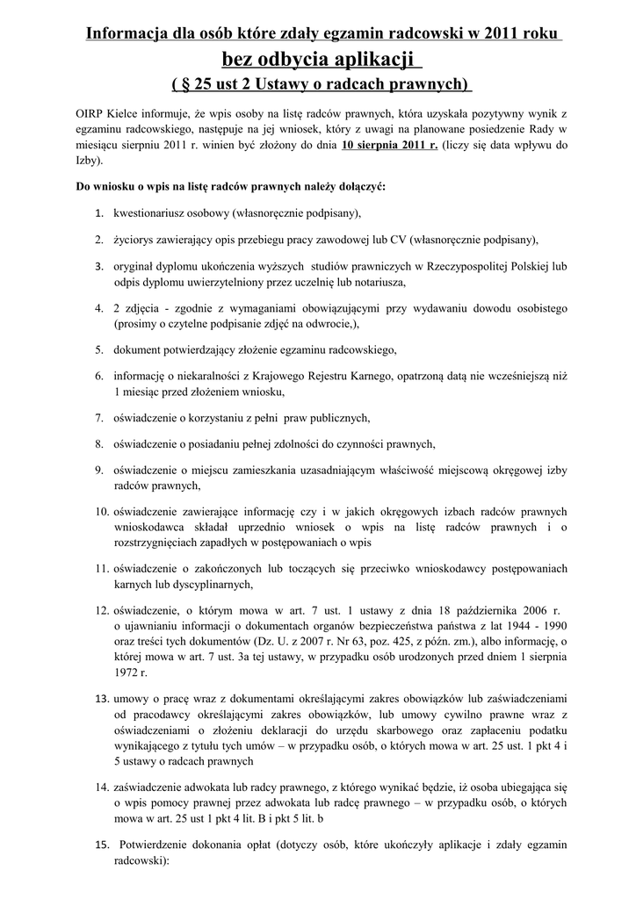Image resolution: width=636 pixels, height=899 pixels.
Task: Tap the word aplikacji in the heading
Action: click(x=371, y=60)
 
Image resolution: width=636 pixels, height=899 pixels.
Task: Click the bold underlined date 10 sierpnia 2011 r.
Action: click(x=389, y=146)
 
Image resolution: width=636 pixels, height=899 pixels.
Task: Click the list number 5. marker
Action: click(x=100, y=349)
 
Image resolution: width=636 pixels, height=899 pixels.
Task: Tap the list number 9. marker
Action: click(x=100, y=470)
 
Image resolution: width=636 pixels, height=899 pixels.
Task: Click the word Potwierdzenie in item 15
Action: click(x=161, y=845)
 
